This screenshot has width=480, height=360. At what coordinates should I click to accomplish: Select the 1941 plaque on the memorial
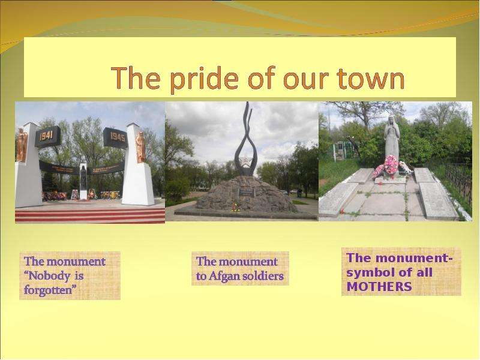47,136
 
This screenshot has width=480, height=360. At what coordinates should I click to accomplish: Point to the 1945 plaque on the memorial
116,137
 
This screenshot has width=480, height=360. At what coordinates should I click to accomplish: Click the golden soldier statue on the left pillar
22,145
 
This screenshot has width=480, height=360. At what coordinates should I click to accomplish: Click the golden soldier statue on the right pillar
140,147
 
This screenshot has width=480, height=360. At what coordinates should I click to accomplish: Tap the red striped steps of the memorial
90,215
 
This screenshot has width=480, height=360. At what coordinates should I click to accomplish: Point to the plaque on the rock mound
247,193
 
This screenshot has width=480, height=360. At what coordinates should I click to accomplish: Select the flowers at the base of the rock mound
235,207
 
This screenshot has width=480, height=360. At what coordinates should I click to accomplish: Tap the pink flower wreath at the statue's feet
389,167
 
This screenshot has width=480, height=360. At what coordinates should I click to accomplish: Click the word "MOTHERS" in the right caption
379,287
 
